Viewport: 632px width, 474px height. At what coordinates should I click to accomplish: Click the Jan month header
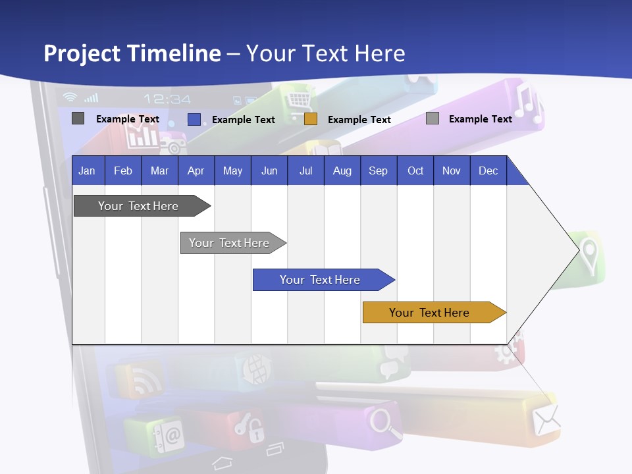[88, 171]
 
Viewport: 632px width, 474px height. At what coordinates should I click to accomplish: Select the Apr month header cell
[196, 171]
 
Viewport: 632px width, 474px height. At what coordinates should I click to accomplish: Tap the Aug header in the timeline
[342, 171]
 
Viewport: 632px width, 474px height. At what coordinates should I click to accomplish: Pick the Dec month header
[488, 171]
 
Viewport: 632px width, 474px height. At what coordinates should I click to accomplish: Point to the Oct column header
[415, 171]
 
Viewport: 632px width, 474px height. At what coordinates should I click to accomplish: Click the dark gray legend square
[78, 118]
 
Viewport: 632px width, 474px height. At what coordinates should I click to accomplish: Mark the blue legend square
[194, 119]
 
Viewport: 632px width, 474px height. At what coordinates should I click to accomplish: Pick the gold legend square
[311, 119]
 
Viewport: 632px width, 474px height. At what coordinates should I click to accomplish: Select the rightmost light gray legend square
[433, 118]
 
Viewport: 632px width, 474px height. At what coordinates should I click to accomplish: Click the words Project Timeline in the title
[132, 53]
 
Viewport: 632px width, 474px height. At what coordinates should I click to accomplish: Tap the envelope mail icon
[546, 420]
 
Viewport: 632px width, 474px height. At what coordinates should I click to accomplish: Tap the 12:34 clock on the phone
[167, 99]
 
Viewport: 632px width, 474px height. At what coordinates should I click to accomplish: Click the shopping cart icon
[300, 101]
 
